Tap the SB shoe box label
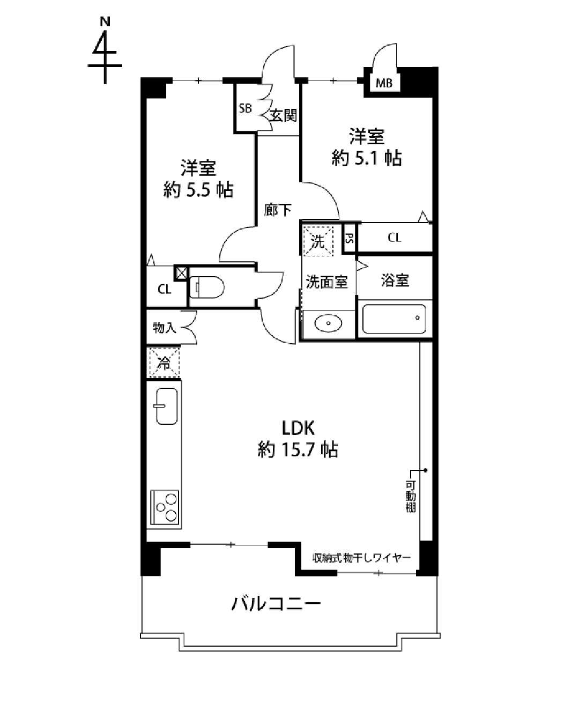(245, 108)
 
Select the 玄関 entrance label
(284, 116)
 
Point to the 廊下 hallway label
(277, 210)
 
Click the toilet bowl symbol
(207, 287)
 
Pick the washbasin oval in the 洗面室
(328, 323)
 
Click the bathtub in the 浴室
(394, 319)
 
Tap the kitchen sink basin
(167, 406)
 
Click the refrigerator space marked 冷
(165, 363)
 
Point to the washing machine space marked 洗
(318, 241)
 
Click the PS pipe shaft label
(350, 239)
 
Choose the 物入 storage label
(165, 327)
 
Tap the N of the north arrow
(105, 22)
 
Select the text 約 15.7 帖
(298, 449)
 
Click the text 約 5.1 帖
(367, 158)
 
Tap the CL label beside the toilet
(165, 289)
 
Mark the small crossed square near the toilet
(181, 273)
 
